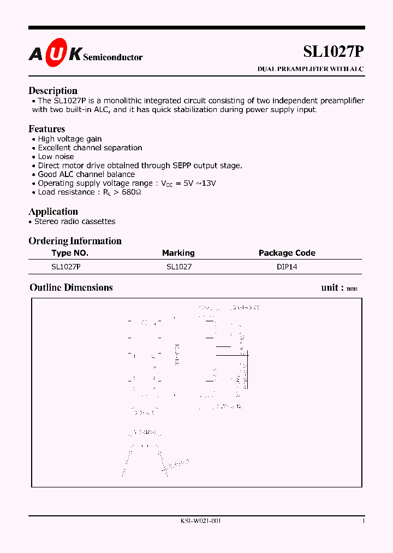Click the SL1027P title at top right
point(333,51)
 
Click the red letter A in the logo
point(34,54)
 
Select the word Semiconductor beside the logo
point(112,57)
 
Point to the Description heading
point(53,91)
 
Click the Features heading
point(46,129)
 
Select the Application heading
point(53,211)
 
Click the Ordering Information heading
point(75,241)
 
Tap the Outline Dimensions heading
point(71,287)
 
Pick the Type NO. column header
point(70,253)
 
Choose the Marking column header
point(178,253)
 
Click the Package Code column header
point(287,253)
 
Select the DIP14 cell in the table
point(287,267)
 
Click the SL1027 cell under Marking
point(179,267)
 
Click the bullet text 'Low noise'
point(56,156)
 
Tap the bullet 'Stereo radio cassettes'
point(75,221)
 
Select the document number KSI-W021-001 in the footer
point(200,521)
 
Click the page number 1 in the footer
point(364,521)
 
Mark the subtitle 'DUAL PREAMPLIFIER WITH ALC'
point(310,69)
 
